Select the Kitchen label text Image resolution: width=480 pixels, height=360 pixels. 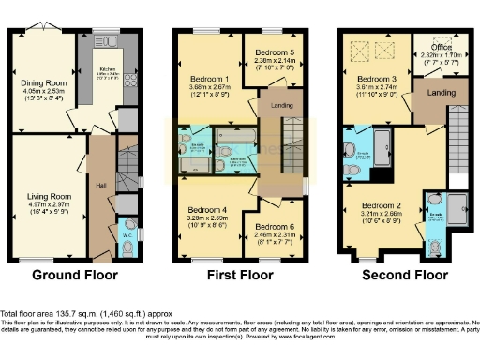[106, 68]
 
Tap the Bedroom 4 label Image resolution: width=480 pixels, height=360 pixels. [208, 208]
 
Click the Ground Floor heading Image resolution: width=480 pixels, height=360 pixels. [75, 276]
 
